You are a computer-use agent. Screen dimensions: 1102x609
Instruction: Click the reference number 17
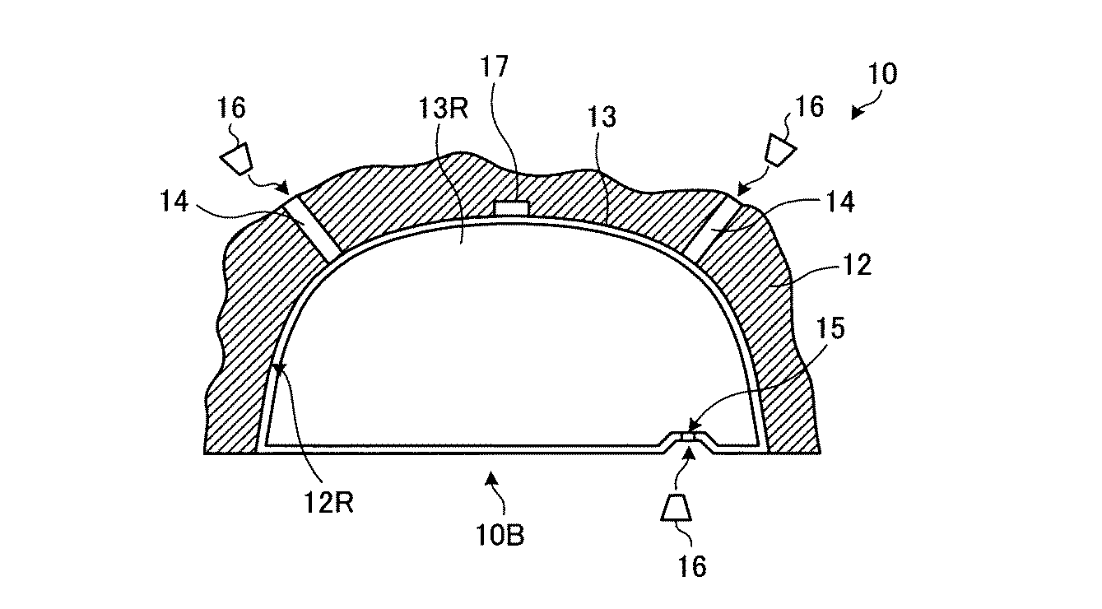(494, 67)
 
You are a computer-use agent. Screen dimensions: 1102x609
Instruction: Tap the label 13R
(443, 109)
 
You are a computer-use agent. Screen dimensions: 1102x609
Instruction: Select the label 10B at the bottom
(500, 535)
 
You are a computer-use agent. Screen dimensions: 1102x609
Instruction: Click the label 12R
(328, 503)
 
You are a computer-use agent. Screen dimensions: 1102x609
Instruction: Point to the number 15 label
(830, 328)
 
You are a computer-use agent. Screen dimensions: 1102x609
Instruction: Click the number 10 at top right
(882, 74)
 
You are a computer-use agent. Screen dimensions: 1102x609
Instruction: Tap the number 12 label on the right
(857, 265)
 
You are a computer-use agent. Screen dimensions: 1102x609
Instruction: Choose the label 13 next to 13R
(601, 118)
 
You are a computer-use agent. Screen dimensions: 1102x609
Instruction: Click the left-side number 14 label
(174, 201)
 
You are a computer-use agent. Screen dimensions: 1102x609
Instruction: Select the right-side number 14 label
(840, 202)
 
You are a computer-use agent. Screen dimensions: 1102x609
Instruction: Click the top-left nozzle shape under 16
(236, 158)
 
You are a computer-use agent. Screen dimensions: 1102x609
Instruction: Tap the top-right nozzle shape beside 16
(779, 150)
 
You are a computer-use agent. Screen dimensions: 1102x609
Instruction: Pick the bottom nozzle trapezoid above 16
(676, 507)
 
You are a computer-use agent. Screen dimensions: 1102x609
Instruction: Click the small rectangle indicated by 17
(511, 208)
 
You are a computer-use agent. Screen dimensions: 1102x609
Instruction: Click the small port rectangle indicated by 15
(687, 437)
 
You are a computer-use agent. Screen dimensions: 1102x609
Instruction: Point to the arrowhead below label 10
(857, 113)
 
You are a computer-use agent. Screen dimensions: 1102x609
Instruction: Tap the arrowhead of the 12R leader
(278, 368)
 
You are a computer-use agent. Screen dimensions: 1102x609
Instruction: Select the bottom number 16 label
(692, 566)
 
